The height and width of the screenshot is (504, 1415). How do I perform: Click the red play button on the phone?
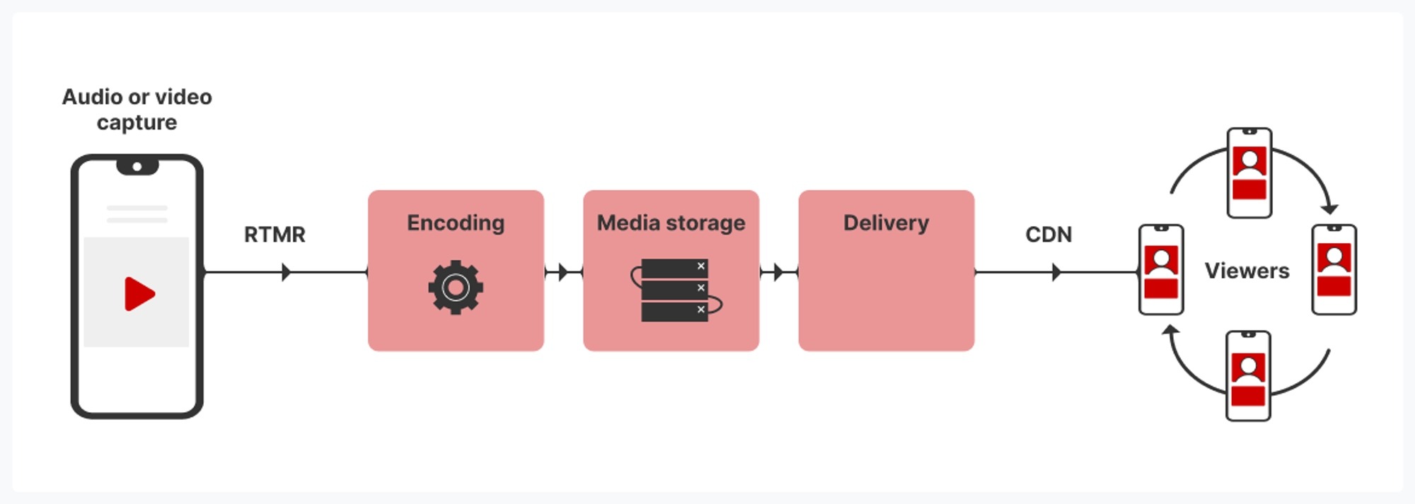click(139, 294)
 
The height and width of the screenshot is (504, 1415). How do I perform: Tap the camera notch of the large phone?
click(137, 167)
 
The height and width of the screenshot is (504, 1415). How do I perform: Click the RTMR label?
click(275, 235)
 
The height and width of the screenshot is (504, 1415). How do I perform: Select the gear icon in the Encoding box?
click(456, 287)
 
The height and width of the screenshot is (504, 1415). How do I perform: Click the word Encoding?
click(456, 223)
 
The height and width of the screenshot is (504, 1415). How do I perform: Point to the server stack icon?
click(674, 290)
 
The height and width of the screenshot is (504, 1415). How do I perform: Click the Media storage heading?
click(671, 223)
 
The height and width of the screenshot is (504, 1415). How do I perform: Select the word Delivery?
click(886, 223)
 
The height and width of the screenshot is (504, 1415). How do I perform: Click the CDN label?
click(1049, 235)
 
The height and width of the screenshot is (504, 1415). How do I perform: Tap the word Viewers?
click(1247, 271)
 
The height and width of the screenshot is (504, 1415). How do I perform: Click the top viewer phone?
click(1249, 173)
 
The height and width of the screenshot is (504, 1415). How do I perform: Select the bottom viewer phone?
click(1248, 376)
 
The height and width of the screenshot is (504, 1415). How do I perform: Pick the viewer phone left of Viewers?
click(1161, 269)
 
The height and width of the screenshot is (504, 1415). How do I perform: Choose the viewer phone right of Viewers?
click(1334, 269)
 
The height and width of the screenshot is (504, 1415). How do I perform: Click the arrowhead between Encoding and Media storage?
click(563, 272)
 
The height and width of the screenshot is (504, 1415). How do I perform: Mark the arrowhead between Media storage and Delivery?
click(778, 272)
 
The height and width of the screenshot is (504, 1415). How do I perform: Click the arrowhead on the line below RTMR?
click(286, 272)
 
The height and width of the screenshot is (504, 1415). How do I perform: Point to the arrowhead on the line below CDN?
click(1056, 272)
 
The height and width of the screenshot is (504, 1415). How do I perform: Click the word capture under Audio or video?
click(137, 123)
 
